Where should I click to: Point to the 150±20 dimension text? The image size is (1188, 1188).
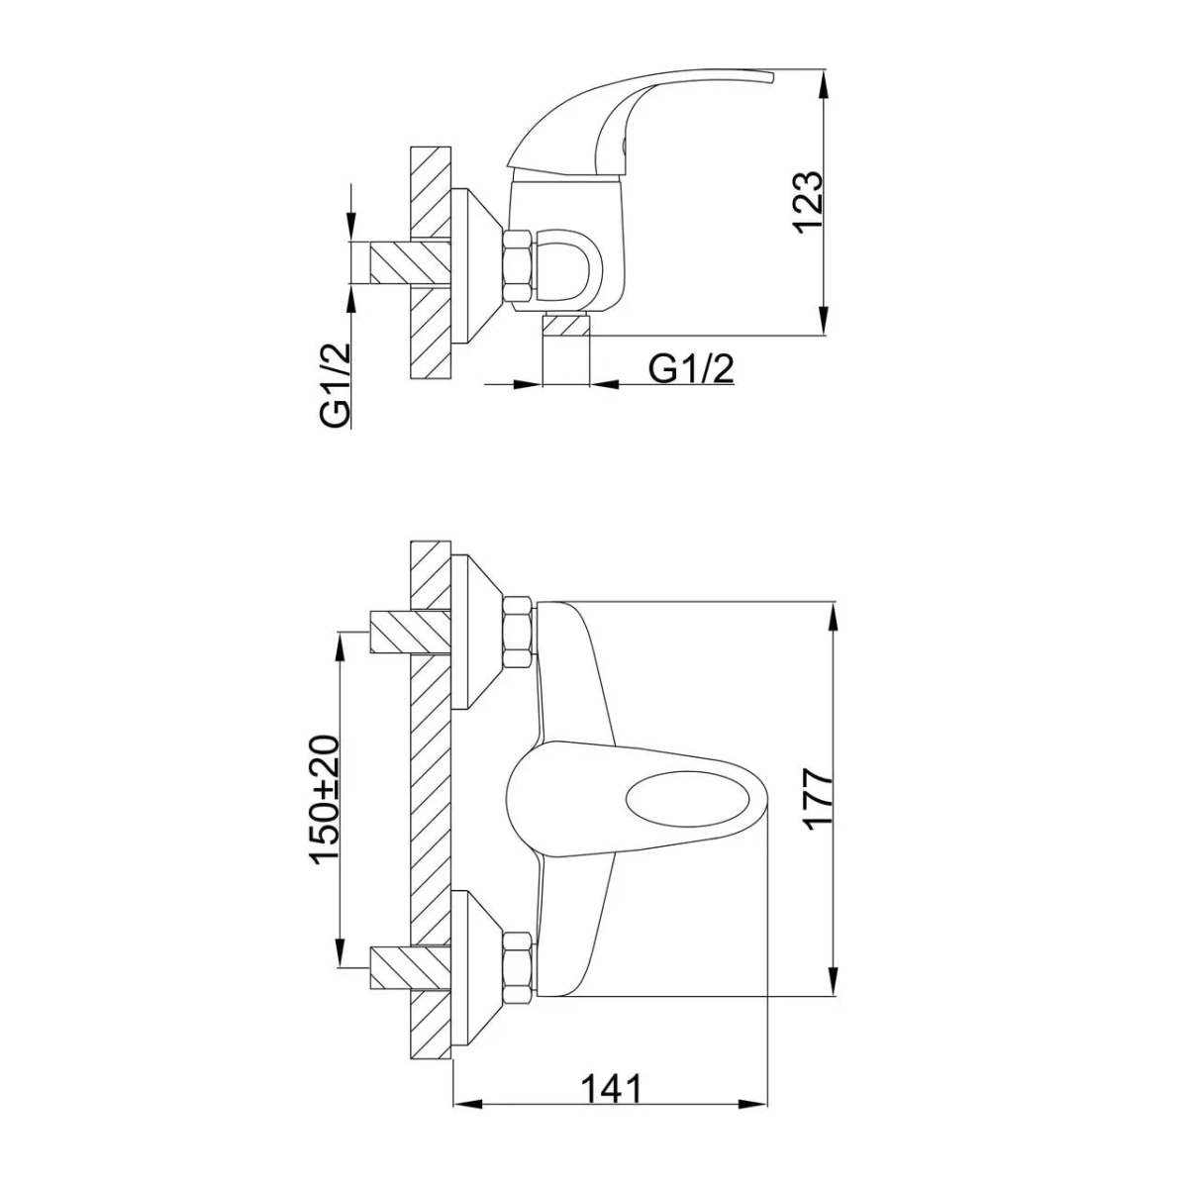point(326,800)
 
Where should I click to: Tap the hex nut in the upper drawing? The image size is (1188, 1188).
point(517,267)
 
